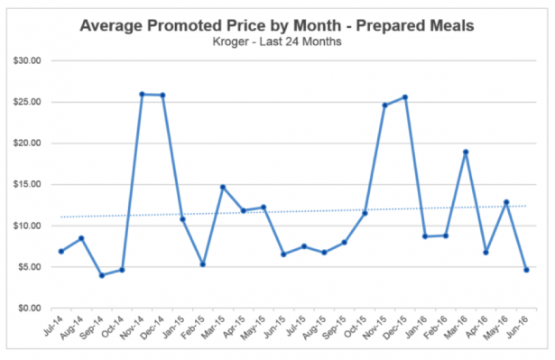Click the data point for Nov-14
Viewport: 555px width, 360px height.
(143, 94)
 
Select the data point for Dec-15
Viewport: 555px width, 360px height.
(405, 97)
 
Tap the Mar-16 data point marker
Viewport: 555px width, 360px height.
(466, 152)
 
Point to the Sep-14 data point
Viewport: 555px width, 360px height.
(101, 275)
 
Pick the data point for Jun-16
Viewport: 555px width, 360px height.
(526, 270)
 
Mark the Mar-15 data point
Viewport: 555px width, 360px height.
(223, 187)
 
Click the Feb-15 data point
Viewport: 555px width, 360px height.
(203, 264)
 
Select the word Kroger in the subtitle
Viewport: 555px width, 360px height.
(228, 42)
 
